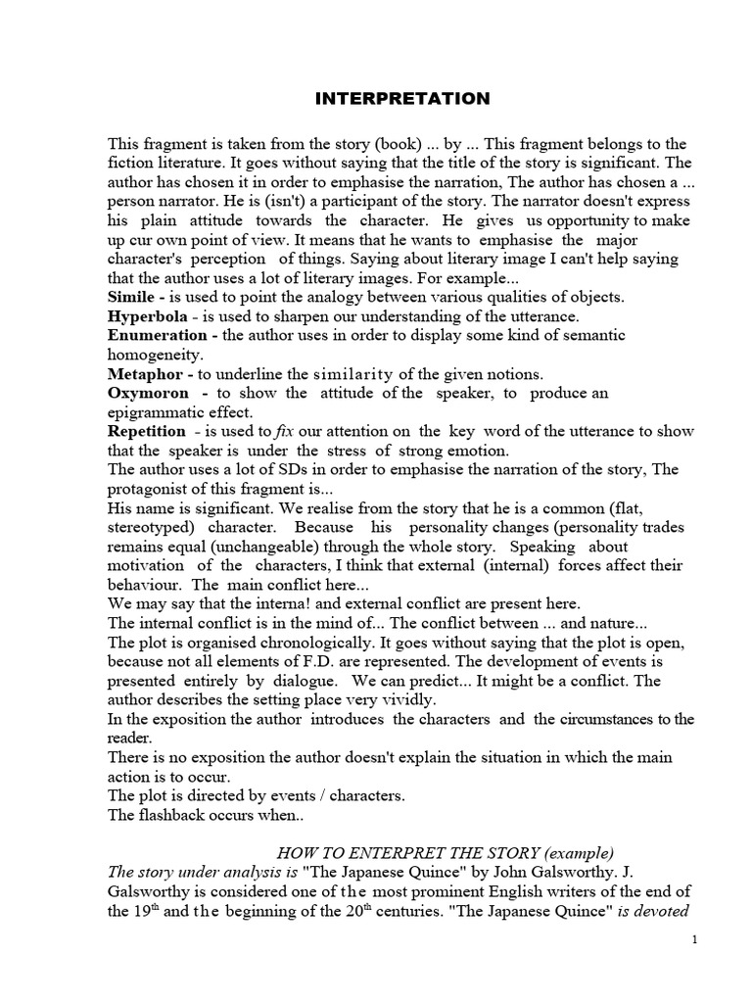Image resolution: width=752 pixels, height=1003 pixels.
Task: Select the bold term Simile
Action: [134, 298]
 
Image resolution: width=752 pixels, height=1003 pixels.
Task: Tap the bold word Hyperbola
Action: [149, 316]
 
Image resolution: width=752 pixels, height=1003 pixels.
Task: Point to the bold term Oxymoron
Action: [148, 393]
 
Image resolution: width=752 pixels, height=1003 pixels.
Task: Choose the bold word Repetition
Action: [148, 431]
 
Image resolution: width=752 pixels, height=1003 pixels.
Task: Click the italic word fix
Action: [287, 431]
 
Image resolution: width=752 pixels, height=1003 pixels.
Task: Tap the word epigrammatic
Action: [154, 411]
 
